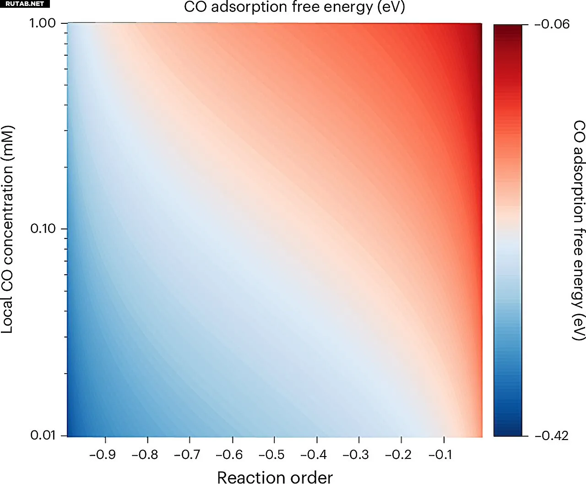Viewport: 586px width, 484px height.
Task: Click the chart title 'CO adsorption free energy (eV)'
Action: click(x=294, y=7)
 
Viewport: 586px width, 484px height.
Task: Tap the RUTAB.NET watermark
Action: click(x=25, y=4)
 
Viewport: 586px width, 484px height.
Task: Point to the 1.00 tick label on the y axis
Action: click(x=43, y=23)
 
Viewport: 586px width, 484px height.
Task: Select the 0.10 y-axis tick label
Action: click(x=43, y=228)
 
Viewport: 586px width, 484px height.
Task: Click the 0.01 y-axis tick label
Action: click(x=43, y=435)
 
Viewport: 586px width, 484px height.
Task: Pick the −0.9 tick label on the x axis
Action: click(x=103, y=454)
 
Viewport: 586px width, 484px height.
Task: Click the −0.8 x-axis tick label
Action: click(x=145, y=454)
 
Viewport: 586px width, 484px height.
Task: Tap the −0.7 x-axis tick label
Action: click(x=187, y=454)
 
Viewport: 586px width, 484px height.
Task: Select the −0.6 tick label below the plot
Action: click(x=229, y=454)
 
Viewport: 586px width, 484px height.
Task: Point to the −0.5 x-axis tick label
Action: click(x=271, y=454)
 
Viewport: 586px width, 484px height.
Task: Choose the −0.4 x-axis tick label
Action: click(x=314, y=454)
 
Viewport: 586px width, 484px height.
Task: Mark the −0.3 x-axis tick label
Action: click(x=356, y=454)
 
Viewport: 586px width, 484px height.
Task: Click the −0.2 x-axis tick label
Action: click(x=398, y=454)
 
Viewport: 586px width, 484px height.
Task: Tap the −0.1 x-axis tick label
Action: click(x=440, y=454)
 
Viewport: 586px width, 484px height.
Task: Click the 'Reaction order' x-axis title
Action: click(x=275, y=477)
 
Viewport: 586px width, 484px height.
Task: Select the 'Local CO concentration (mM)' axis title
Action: click(x=7, y=229)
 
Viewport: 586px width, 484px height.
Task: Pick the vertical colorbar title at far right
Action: click(x=579, y=230)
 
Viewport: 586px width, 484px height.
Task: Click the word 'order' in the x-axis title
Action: click(x=311, y=477)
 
